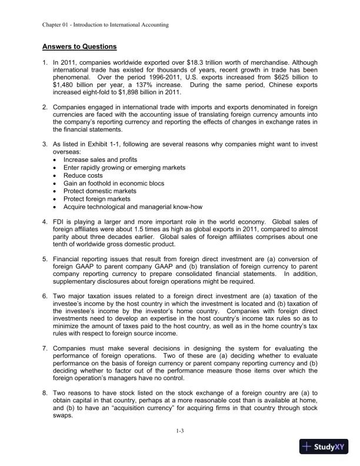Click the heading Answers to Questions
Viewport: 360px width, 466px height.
[x=79, y=46]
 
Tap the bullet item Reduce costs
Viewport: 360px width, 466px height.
[x=83, y=175]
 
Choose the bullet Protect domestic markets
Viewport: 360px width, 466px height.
[x=99, y=191]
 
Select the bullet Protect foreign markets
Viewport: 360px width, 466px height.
[x=96, y=198]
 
